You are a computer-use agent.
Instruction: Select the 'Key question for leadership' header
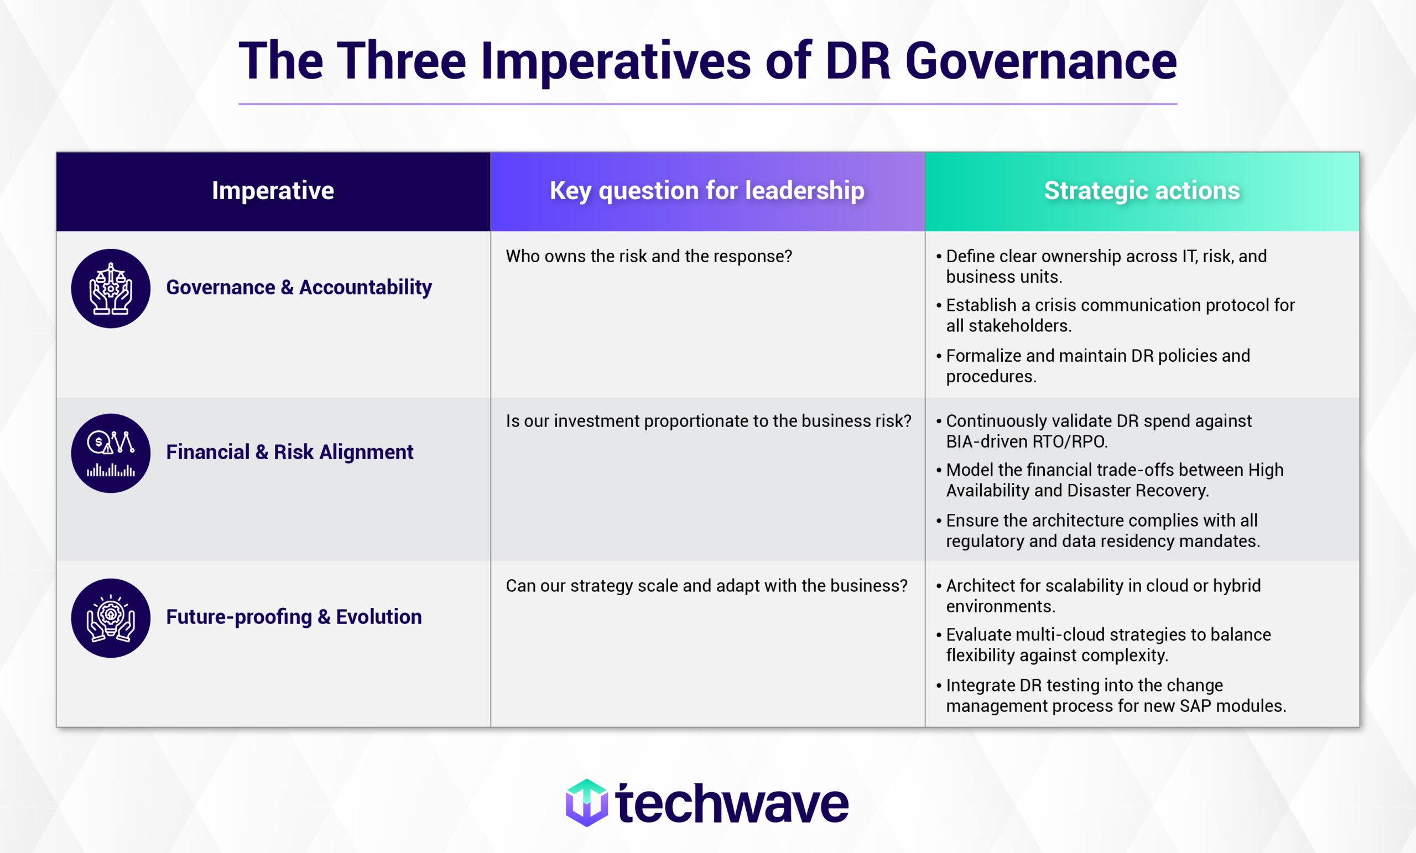tap(707, 191)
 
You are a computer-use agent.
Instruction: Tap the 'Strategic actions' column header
tap(1141, 191)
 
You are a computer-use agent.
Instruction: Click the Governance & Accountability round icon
tap(111, 289)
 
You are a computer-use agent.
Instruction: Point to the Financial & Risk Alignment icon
tap(111, 454)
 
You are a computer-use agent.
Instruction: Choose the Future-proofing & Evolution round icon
tap(111, 618)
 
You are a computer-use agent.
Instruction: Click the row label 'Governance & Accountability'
tap(299, 288)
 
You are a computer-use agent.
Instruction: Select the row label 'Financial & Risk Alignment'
tap(290, 452)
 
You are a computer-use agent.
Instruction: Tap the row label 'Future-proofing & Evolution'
tap(294, 617)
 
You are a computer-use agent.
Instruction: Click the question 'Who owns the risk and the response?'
tap(649, 256)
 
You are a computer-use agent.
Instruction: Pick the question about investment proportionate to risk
tap(708, 422)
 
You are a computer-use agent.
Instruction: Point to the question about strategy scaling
tap(706, 586)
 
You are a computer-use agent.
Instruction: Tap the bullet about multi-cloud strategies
tap(1108, 644)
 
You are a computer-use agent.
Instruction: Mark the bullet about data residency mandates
tap(1102, 530)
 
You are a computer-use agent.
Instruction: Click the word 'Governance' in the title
tap(1041, 61)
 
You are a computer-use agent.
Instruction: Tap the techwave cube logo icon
tap(586, 803)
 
